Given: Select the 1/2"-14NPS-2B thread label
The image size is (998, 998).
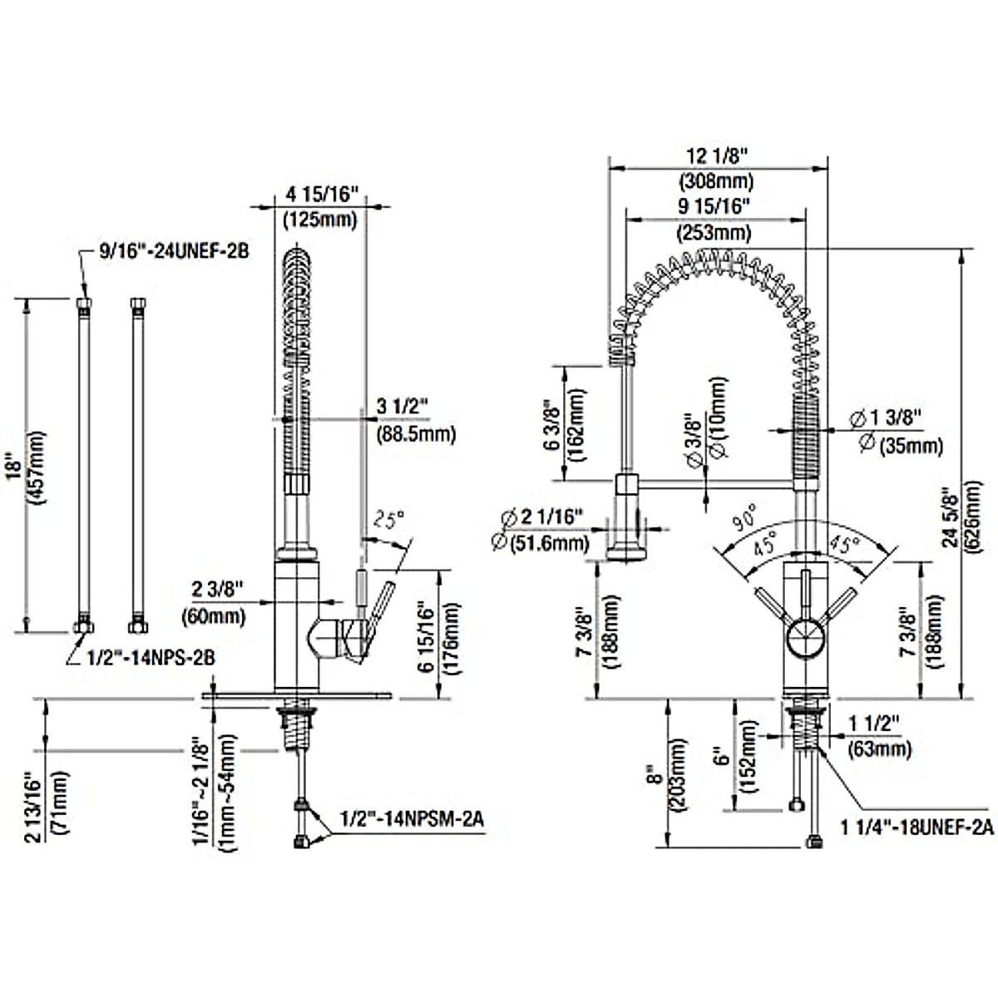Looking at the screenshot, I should click(151, 657).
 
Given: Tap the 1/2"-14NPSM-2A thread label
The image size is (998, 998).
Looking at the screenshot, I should click(410, 818).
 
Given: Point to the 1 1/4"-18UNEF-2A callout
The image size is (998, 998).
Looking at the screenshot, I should click(917, 826).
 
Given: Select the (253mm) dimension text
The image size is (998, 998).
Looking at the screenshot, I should click(714, 232).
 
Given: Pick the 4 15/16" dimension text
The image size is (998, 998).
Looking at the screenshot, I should click(322, 195).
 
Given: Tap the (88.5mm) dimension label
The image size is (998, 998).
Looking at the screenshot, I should click(416, 433).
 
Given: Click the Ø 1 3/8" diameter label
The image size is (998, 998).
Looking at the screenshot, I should click(888, 417).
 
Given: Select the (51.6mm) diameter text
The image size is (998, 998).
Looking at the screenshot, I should click(541, 543).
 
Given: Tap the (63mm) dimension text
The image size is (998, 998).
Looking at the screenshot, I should click(877, 749).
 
